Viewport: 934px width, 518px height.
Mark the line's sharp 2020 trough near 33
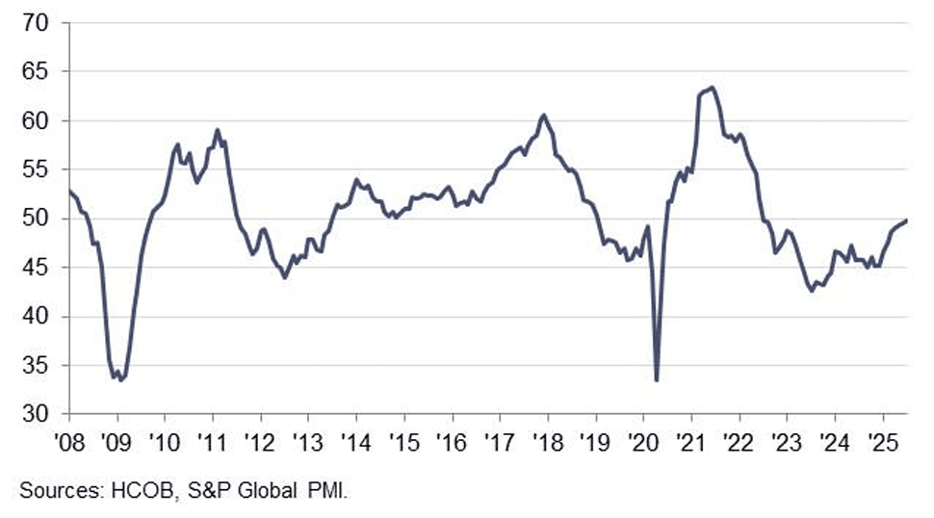pos(657,380)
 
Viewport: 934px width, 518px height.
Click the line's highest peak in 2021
pos(711,88)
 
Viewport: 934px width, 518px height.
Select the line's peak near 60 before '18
pos(544,115)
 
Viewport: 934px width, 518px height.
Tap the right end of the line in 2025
pos(907,220)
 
